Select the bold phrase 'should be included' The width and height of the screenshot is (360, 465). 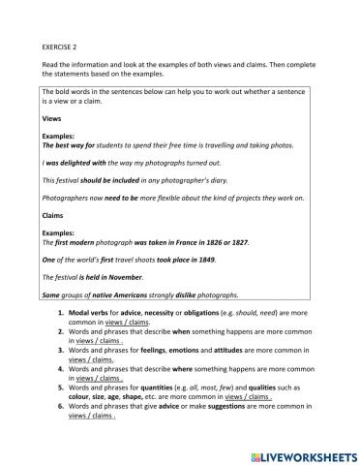point(109,180)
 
